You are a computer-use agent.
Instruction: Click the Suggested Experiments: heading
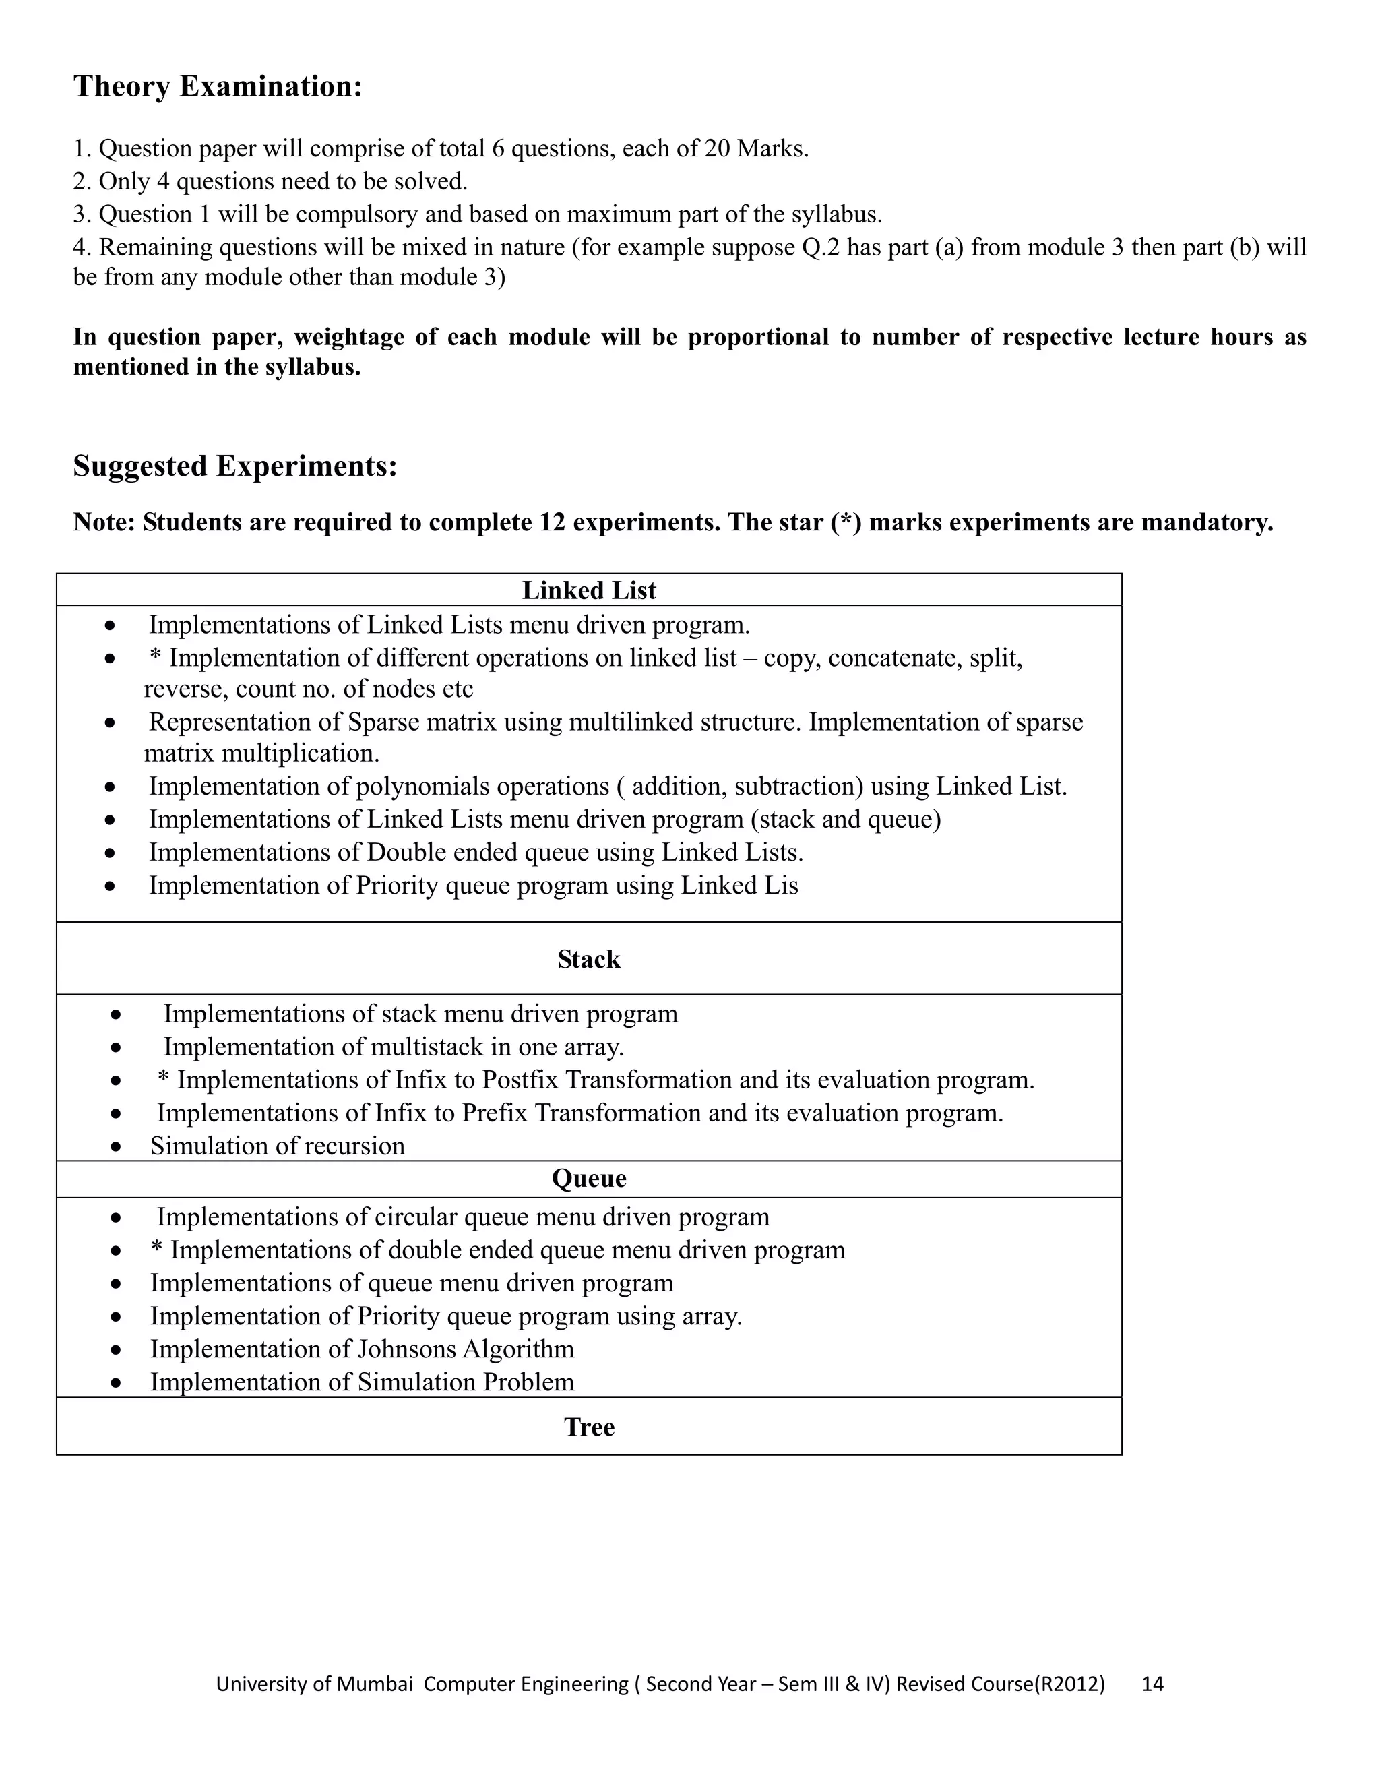(234, 466)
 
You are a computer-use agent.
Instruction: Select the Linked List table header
(589, 590)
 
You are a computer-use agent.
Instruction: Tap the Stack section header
(589, 959)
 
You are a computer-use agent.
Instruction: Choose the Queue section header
(589, 1178)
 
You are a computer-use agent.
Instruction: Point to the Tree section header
(589, 1427)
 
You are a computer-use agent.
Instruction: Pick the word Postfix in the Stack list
(520, 1080)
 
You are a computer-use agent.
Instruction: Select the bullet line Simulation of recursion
(277, 1146)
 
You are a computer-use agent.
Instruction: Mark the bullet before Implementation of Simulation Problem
(117, 1383)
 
